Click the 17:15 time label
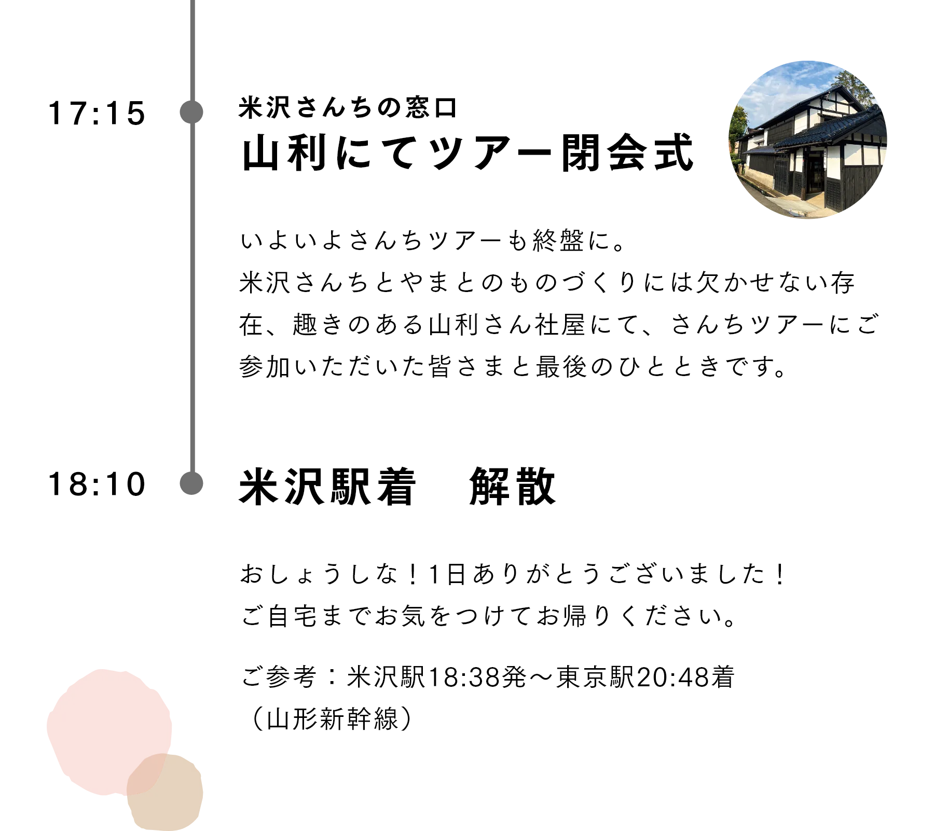coord(97,113)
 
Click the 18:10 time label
coord(97,484)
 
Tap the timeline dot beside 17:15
coord(191,112)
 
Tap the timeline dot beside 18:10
coord(191,483)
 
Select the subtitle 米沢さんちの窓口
coord(348,108)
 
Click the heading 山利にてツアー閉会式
coord(468,153)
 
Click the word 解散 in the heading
coord(513,486)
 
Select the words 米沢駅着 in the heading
coord(327,486)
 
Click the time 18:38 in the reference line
coord(464,677)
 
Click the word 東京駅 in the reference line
coord(596,677)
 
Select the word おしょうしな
coord(319,574)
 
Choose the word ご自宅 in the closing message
coord(280,616)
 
